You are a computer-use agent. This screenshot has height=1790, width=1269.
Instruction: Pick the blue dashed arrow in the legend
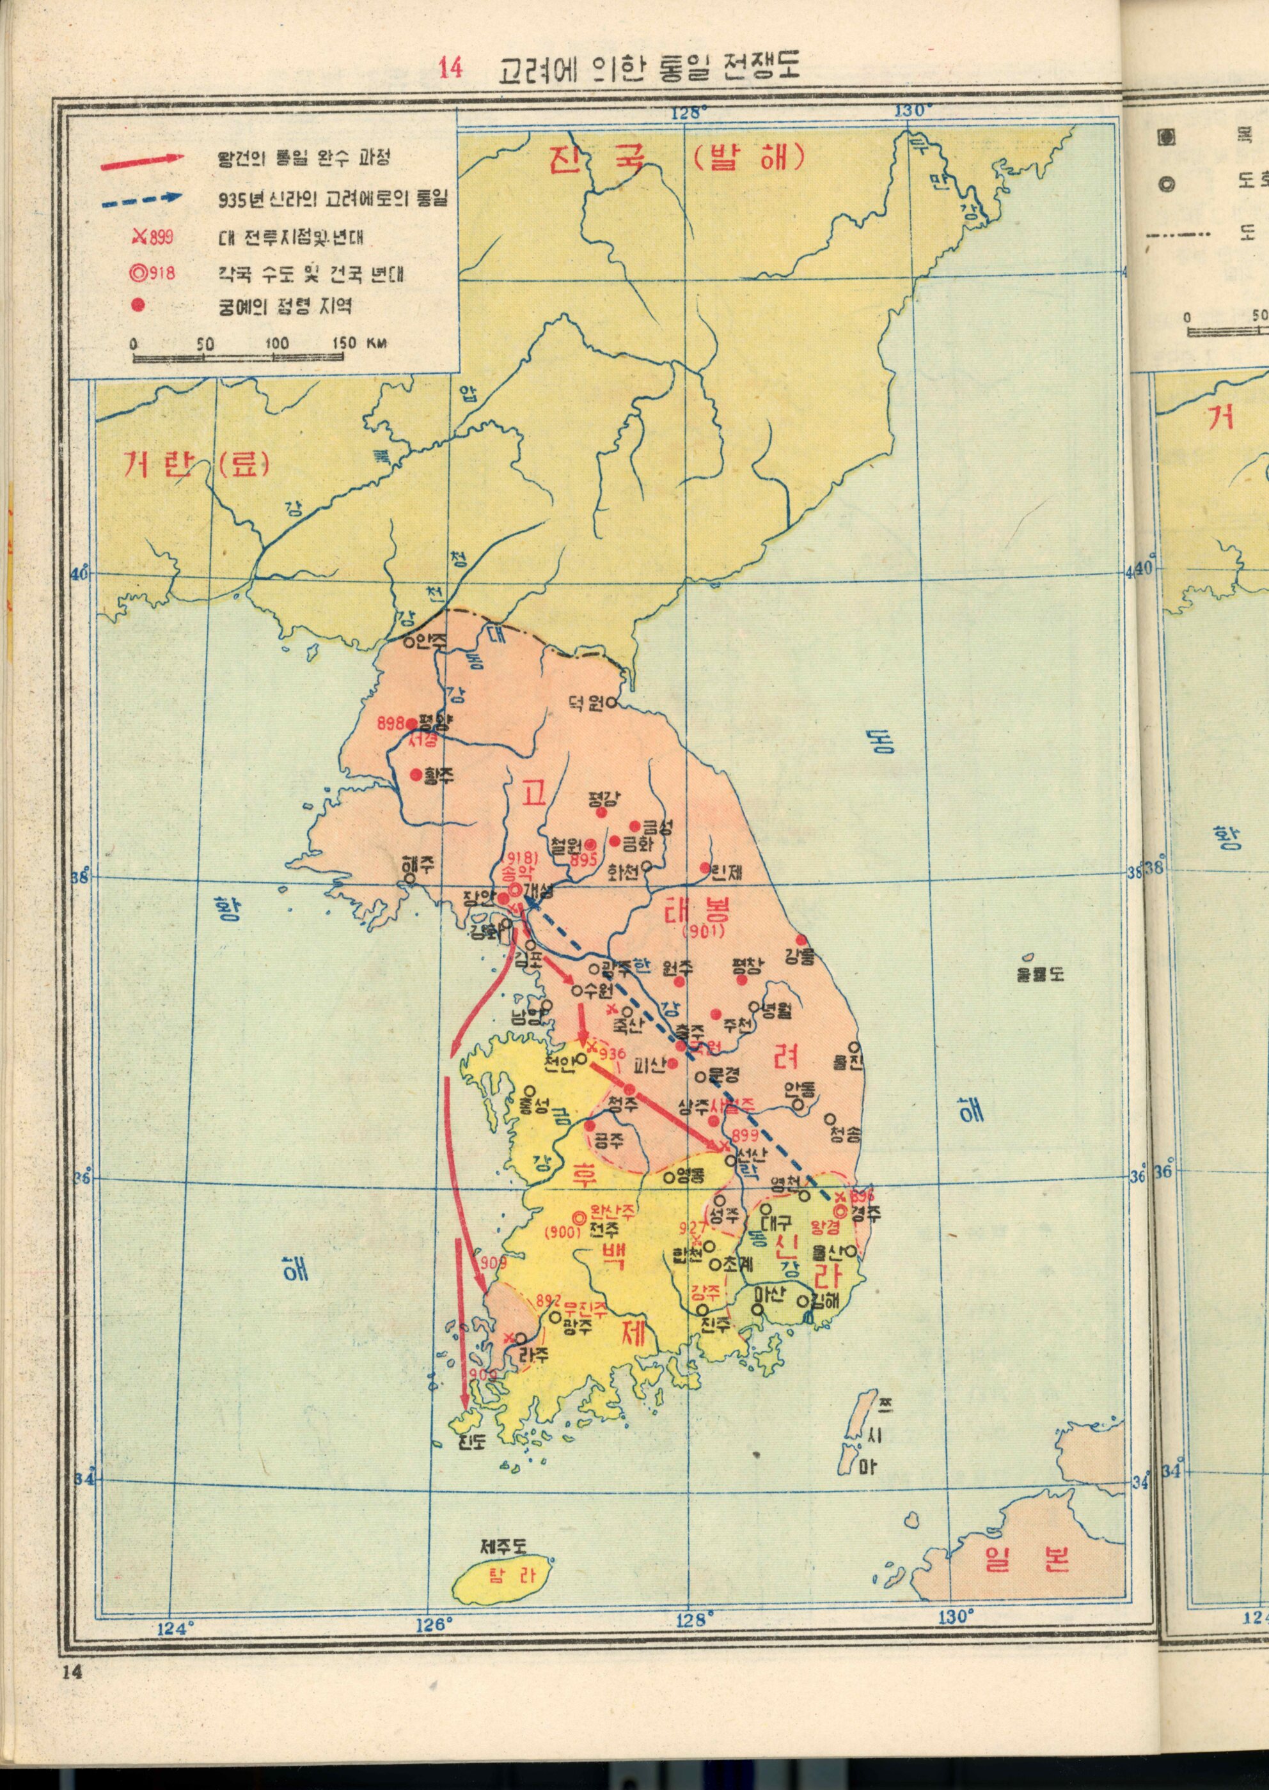tap(141, 200)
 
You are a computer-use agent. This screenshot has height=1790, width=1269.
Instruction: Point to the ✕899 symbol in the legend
tap(152, 237)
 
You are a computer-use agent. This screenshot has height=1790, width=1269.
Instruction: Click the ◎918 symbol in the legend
tap(152, 274)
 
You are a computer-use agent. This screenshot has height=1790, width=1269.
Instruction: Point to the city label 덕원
tap(585, 704)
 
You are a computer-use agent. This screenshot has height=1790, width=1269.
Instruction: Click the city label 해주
tap(418, 866)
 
